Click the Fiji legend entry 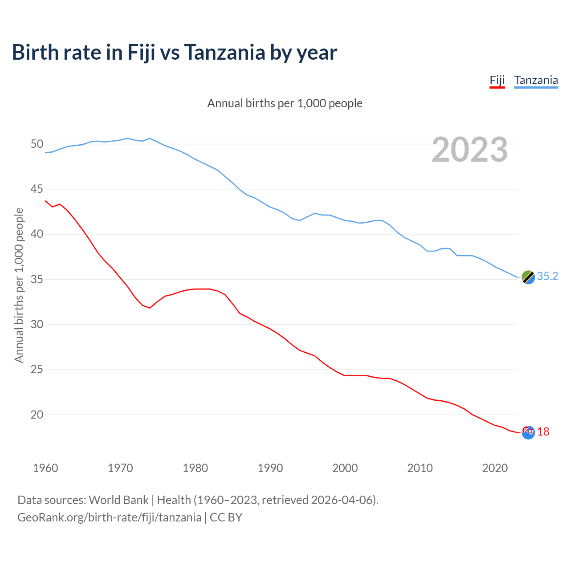(x=497, y=81)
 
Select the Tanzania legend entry (x=536, y=81)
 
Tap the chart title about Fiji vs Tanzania (x=174, y=53)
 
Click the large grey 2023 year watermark (x=470, y=150)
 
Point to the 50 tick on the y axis (x=37, y=144)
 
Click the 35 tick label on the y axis (x=37, y=280)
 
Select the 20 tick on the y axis (x=37, y=415)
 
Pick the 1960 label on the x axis (x=45, y=468)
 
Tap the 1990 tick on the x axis (x=270, y=468)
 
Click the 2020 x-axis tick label (x=495, y=468)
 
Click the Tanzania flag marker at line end (x=528, y=277)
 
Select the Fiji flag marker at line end (x=528, y=432)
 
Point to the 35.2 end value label (x=547, y=277)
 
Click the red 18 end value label (x=543, y=432)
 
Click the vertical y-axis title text (x=19, y=285)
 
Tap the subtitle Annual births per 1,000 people (x=285, y=103)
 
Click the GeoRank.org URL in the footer (x=109, y=517)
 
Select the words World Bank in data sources (x=118, y=500)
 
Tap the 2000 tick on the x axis (x=345, y=468)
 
